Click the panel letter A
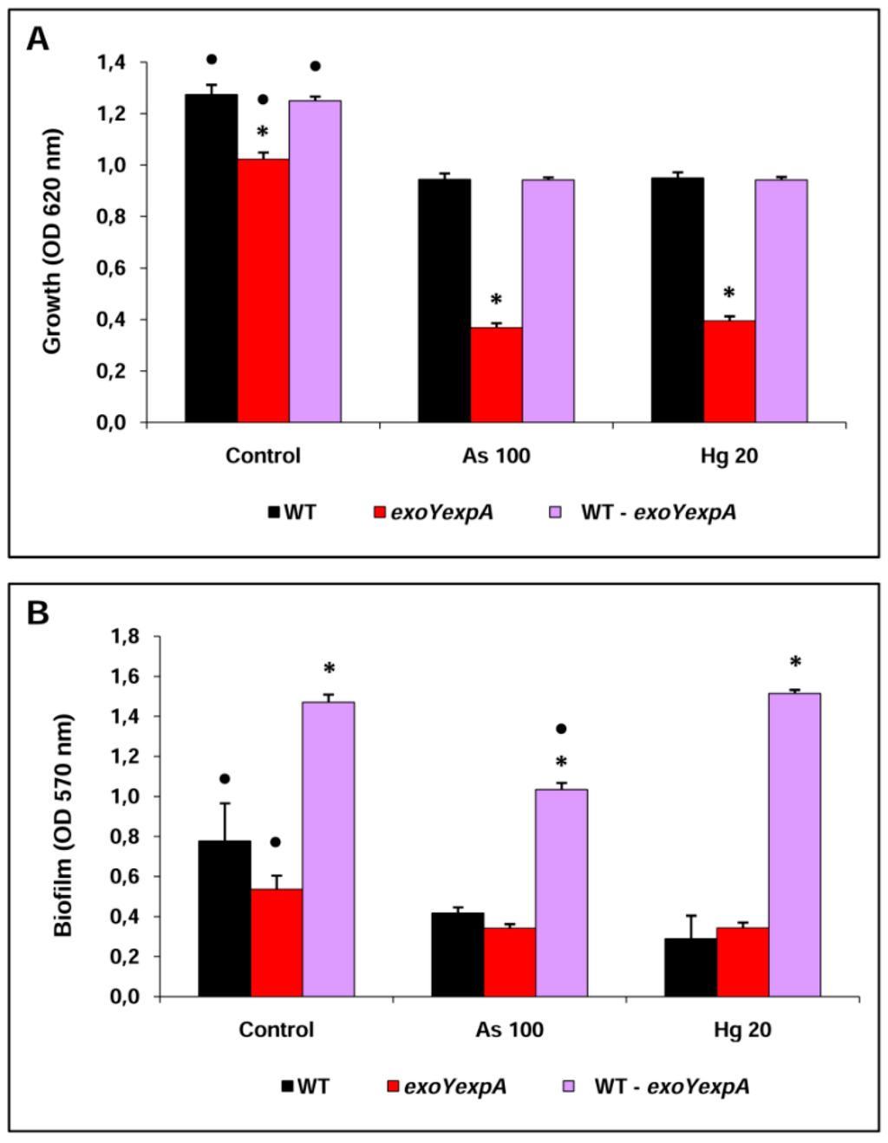(x=37, y=39)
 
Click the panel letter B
(x=37, y=613)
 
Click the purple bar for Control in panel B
(x=328, y=849)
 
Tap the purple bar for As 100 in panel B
(x=561, y=893)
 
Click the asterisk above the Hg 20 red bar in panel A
(x=728, y=294)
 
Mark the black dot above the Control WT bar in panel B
(x=225, y=778)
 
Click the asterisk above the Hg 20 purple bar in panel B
(x=794, y=663)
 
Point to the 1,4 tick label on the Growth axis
(x=111, y=62)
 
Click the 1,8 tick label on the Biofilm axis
(x=125, y=636)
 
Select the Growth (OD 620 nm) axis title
(x=52, y=241)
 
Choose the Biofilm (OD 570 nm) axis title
(x=63, y=825)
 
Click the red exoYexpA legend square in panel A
(x=379, y=512)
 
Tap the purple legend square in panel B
(x=569, y=1086)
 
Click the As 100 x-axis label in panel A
(x=496, y=456)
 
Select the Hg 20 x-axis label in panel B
(x=742, y=1029)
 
